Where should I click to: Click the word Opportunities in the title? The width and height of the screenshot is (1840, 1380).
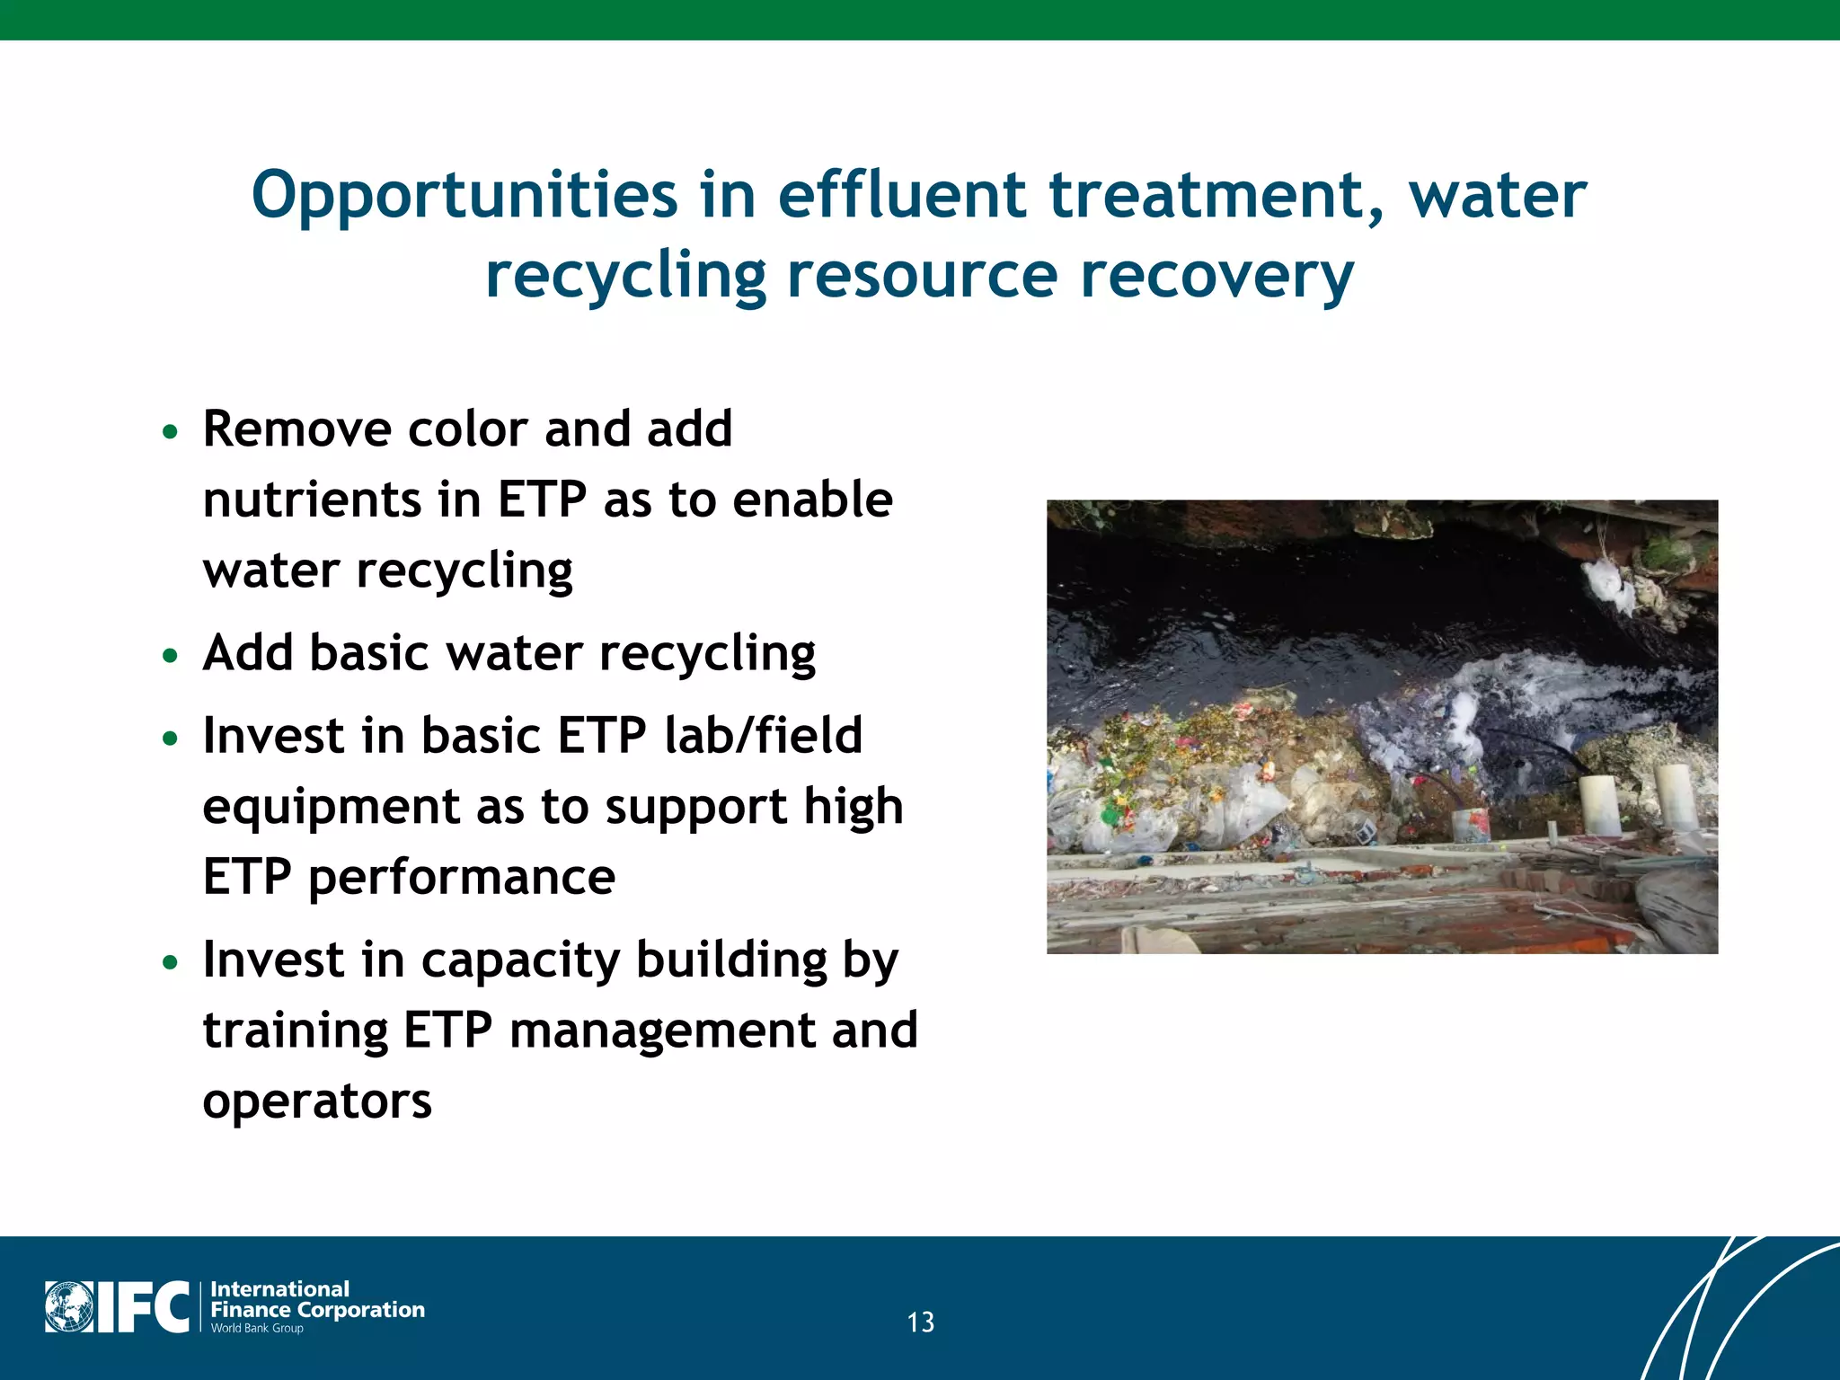pos(464,196)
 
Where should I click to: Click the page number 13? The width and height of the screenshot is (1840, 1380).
pos(920,1322)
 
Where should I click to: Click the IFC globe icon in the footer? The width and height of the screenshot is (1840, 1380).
pos(69,1307)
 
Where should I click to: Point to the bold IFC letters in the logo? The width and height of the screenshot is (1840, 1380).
pos(143,1307)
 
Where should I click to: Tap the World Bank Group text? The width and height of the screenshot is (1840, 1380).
pos(257,1328)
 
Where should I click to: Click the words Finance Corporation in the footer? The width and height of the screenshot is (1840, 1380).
pos(317,1309)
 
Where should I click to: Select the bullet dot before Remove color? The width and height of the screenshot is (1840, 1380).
pos(170,432)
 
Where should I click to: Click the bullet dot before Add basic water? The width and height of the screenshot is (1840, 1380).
pos(170,656)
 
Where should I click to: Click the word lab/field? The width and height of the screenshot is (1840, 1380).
pos(763,735)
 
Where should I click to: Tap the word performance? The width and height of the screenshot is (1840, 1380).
pos(462,877)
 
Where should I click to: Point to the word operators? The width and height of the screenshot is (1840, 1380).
pos(317,1101)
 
